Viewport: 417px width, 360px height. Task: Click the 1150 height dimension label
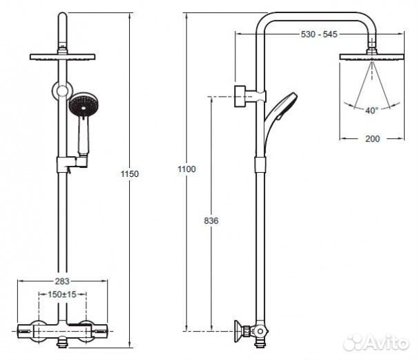click(x=130, y=173)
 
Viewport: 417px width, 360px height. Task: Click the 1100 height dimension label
click(x=186, y=169)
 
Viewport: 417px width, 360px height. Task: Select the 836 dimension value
click(x=211, y=220)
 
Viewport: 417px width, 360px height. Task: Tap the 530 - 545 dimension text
click(x=319, y=34)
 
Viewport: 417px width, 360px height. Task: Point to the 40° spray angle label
click(x=371, y=110)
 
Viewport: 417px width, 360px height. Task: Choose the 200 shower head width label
click(x=372, y=139)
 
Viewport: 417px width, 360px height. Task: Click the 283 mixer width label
click(x=62, y=281)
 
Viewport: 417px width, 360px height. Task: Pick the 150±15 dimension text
click(x=62, y=294)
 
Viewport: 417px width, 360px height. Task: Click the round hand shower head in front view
click(x=84, y=105)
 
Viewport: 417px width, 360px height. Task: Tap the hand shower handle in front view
click(x=84, y=135)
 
